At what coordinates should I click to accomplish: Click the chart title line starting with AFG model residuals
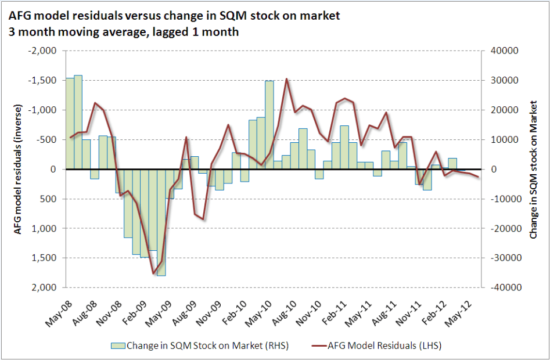tap(175, 16)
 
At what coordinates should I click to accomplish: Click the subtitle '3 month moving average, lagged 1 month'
tap(124, 31)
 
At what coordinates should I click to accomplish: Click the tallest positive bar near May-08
tap(78, 122)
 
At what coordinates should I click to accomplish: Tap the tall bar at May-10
tap(269, 125)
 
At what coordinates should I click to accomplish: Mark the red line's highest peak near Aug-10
tap(286, 79)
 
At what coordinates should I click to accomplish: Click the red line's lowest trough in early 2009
tap(153, 273)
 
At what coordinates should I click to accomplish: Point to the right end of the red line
tap(478, 177)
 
